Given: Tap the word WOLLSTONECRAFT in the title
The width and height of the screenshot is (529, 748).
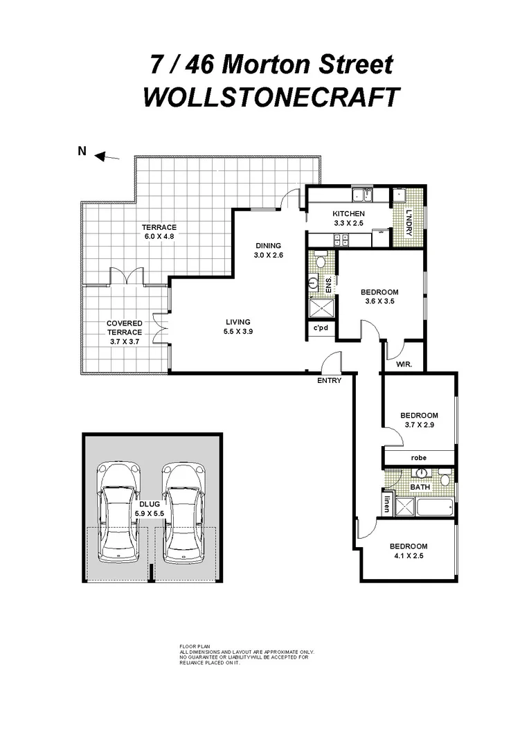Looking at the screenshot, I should pyautogui.click(x=271, y=97).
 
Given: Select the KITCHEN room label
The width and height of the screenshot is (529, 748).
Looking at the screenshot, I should pyautogui.click(x=348, y=214).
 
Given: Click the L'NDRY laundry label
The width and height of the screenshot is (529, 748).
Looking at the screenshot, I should pyautogui.click(x=409, y=222).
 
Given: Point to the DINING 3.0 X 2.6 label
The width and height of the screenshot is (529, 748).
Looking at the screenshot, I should pyautogui.click(x=268, y=250).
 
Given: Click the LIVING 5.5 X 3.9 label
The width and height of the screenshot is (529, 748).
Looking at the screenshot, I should pyautogui.click(x=237, y=327).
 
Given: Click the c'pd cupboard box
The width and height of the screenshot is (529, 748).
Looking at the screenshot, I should pyautogui.click(x=321, y=328).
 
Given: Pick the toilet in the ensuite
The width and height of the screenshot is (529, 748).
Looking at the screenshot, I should pyautogui.click(x=321, y=262).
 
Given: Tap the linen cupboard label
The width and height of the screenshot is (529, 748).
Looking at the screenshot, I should pyautogui.click(x=386, y=504).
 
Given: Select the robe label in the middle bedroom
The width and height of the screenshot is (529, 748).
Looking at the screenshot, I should pyautogui.click(x=418, y=458).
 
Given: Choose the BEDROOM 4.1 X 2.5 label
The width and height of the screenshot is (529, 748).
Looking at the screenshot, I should pyautogui.click(x=408, y=551).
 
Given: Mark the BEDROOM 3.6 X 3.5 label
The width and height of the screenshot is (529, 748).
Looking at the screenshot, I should pyautogui.click(x=380, y=296).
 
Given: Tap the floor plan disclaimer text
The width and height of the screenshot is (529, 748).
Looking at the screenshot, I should pyautogui.click(x=246, y=654).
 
